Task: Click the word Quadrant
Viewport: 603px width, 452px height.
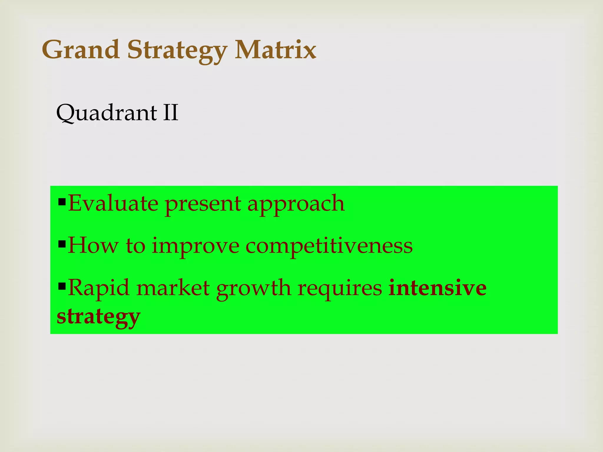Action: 107,113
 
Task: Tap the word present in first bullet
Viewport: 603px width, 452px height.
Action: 203,205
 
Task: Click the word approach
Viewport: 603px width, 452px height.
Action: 296,205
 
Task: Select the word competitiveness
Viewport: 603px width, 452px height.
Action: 329,246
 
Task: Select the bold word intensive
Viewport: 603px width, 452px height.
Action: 437,288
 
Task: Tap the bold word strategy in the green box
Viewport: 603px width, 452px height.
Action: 98,317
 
